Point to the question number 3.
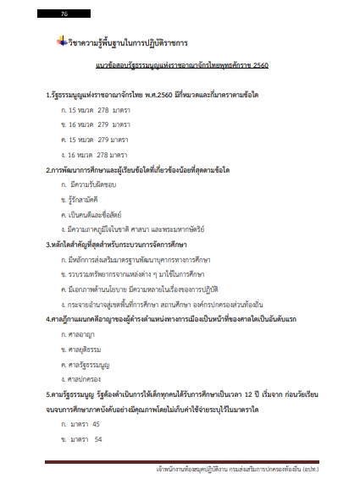point(48,245)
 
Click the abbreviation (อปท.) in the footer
point(331,468)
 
